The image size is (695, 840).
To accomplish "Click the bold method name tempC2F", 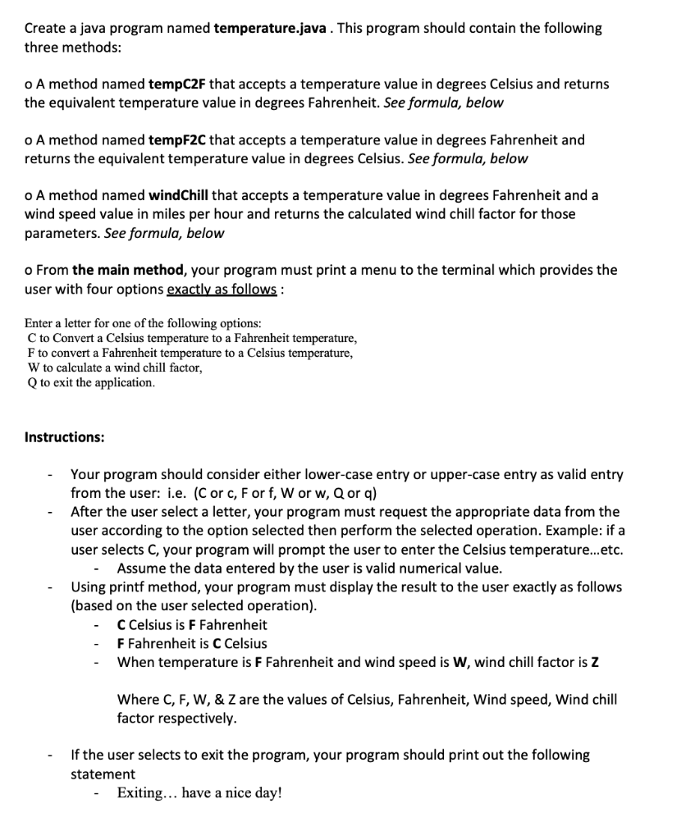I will click(x=177, y=84).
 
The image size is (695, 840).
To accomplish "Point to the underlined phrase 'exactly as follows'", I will click(x=222, y=290).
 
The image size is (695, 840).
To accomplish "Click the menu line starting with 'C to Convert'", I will click(x=192, y=338).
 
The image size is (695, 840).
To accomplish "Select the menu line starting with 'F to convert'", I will click(x=190, y=353).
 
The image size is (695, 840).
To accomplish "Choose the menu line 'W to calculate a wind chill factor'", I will click(x=115, y=367).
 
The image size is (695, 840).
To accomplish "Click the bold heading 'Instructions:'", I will click(x=65, y=437).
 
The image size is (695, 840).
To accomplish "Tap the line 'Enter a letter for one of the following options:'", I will click(x=144, y=323).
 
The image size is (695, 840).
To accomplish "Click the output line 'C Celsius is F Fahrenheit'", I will click(x=192, y=625).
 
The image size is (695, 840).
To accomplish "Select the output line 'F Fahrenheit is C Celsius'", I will click(x=192, y=644).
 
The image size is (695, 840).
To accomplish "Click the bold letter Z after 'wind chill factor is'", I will click(x=595, y=663).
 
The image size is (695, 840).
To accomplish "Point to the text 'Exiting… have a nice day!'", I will click(x=199, y=793).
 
